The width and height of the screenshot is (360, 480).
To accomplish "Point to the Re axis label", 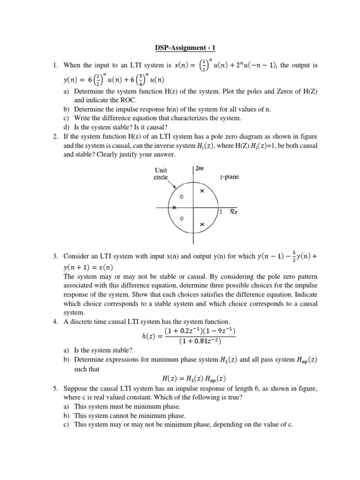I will [x=233, y=212].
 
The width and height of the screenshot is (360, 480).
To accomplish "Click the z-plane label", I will [x=230, y=177].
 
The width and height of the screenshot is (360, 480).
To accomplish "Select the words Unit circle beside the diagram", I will [x=161, y=174].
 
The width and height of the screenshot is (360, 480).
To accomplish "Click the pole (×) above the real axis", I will [x=202, y=191].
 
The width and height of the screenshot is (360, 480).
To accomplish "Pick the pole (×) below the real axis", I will [x=202, y=225].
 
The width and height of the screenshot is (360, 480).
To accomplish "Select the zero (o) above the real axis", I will [x=182, y=197].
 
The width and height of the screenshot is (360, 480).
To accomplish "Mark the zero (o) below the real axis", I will [x=182, y=219].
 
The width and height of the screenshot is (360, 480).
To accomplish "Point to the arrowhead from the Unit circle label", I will [x=174, y=189].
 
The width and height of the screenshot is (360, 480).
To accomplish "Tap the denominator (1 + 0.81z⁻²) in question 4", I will [x=201, y=341].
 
